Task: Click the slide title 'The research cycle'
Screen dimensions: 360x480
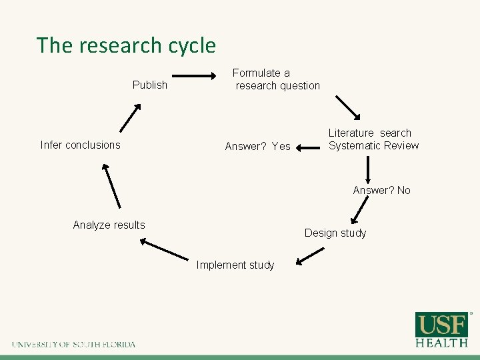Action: pyautogui.click(x=126, y=45)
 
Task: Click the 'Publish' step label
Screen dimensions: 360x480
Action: pyautogui.click(x=150, y=85)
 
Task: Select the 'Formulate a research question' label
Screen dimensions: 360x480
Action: pyautogui.click(x=276, y=79)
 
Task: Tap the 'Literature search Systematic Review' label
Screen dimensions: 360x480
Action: pyautogui.click(x=373, y=139)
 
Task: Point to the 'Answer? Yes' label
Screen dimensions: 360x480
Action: pyautogui.click(x=257, y=146)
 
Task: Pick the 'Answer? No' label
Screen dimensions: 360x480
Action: pyautogui.click(x=381, y=190)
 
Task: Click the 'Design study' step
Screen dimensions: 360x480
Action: pyautogui.click(x=335, y=233)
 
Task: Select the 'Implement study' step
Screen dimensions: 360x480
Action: pyautogui.click(x=235, y=265)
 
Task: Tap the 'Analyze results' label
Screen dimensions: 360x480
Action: pyautogui.click(x=109, y=225)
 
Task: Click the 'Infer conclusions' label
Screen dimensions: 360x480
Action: pyautogui.click(x=80, y=145)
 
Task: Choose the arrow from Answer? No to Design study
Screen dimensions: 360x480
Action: pyautogui.click(x=359, y=211)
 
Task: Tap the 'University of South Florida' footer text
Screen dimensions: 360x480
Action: pyautogui.click(x=73, y=345)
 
